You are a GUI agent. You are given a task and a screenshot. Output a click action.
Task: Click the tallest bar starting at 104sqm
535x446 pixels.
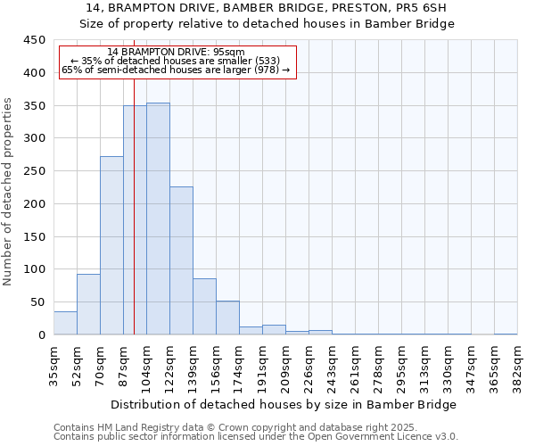tap(158, 219)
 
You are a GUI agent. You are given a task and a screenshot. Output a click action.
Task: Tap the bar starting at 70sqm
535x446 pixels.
tap(111, 245)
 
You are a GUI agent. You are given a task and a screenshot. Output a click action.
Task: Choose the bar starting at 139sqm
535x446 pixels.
tap(204, 307)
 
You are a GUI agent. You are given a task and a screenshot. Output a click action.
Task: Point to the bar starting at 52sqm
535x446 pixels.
tap(88, 304)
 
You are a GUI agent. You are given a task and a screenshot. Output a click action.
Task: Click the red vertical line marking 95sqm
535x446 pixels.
tap(134, 178)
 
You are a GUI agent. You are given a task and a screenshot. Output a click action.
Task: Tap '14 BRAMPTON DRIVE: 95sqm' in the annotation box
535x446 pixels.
tap(176, 53)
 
